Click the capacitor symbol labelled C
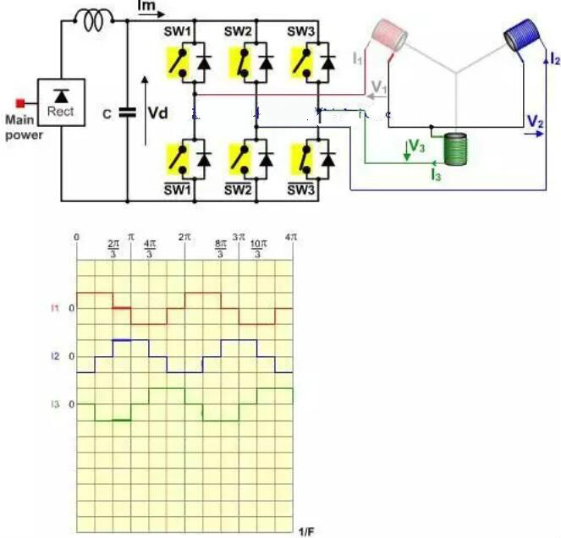click(128, 113)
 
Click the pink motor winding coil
click(390, 35)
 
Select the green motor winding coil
click(456, 150)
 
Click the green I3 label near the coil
click(435, 175)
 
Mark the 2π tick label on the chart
click(184, 239)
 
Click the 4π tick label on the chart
click(292, 239)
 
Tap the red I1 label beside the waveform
click(55, 308)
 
